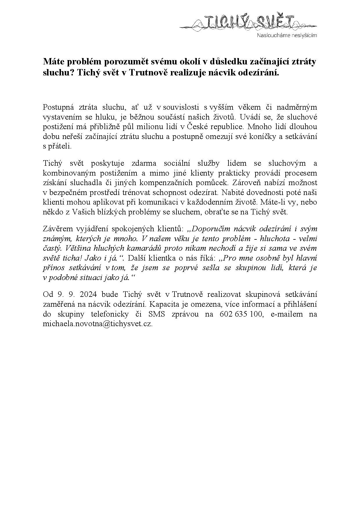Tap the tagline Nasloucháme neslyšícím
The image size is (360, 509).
(287, 35)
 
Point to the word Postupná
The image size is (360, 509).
(57, 107)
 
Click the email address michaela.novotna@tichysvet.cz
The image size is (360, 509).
(98, 324)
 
